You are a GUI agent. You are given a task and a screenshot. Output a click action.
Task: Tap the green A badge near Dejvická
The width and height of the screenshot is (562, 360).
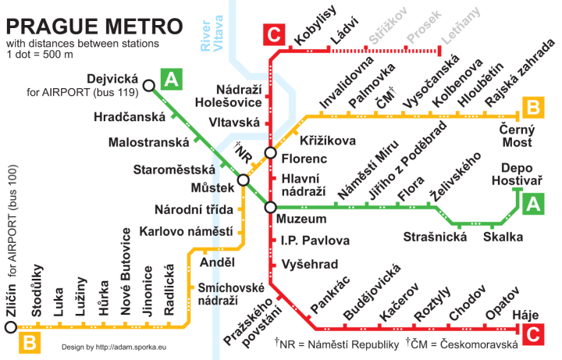(171, 78)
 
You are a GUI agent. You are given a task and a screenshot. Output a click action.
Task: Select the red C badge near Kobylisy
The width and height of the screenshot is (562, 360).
(274, 34)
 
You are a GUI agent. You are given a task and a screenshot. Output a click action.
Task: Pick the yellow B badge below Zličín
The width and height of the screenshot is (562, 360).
(30, 341)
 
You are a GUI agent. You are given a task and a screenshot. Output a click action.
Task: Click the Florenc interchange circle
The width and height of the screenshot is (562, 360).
(270, 153)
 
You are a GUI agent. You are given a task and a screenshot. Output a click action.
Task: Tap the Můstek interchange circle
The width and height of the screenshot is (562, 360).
(244, 180)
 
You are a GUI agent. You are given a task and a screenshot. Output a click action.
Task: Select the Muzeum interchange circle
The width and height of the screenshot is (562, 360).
(270, 207)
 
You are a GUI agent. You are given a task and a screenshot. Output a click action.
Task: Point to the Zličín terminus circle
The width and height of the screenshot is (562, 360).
(10, 326)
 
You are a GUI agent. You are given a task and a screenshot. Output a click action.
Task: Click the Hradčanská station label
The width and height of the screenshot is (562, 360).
(130, 116)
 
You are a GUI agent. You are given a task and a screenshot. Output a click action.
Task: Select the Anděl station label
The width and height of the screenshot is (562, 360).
(218, 262)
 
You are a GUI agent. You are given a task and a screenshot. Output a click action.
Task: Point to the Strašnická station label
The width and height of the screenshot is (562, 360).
(434, 236)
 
